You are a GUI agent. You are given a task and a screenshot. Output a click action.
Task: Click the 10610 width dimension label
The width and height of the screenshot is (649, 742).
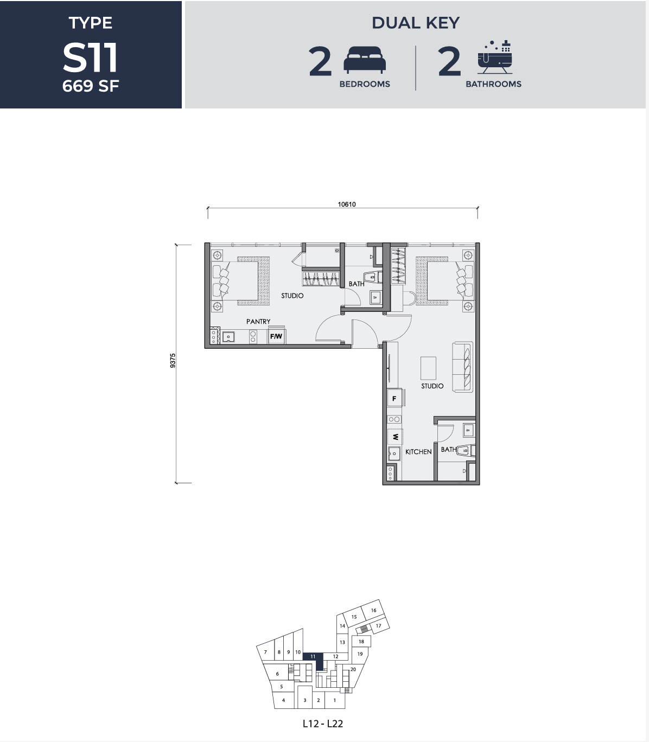point(346,204)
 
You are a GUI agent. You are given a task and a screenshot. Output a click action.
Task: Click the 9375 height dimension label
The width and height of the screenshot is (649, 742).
point(173,361)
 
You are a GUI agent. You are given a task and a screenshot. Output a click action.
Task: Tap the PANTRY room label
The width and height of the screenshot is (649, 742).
point(258,321)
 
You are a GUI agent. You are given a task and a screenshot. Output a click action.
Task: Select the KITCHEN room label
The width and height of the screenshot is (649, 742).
point(418,451)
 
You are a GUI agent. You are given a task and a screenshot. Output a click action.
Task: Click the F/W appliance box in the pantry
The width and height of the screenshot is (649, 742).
point(276,336)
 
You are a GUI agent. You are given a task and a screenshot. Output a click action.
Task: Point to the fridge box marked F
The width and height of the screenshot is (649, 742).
point(395,399)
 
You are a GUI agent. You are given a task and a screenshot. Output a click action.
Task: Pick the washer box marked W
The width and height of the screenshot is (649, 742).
point(395,437)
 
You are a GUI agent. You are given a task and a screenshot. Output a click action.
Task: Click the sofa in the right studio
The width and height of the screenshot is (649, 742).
point(462,367)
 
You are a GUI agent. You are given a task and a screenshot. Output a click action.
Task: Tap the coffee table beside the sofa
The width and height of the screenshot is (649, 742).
point(428,368)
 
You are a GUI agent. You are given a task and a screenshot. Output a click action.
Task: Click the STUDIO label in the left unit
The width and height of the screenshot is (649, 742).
point(292,296)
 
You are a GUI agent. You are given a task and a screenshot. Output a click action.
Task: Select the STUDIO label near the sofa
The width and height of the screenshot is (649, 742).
point(432,386)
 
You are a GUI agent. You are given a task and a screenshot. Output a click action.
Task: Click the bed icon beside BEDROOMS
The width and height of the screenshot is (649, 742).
point(365,60)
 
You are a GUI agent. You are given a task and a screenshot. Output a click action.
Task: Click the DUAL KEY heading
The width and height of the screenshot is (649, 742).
point(415,23)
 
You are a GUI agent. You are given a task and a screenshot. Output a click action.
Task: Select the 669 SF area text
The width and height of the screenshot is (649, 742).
point(90,86)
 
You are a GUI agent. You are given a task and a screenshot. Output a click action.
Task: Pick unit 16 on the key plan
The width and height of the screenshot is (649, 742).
point(374,610)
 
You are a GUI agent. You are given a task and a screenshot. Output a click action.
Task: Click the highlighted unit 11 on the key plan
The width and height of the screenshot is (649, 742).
point(313,656)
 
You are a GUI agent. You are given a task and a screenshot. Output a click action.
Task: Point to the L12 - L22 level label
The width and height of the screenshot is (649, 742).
point(322,724)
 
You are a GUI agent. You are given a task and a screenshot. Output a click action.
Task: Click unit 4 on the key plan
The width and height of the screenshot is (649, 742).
point(283,700)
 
